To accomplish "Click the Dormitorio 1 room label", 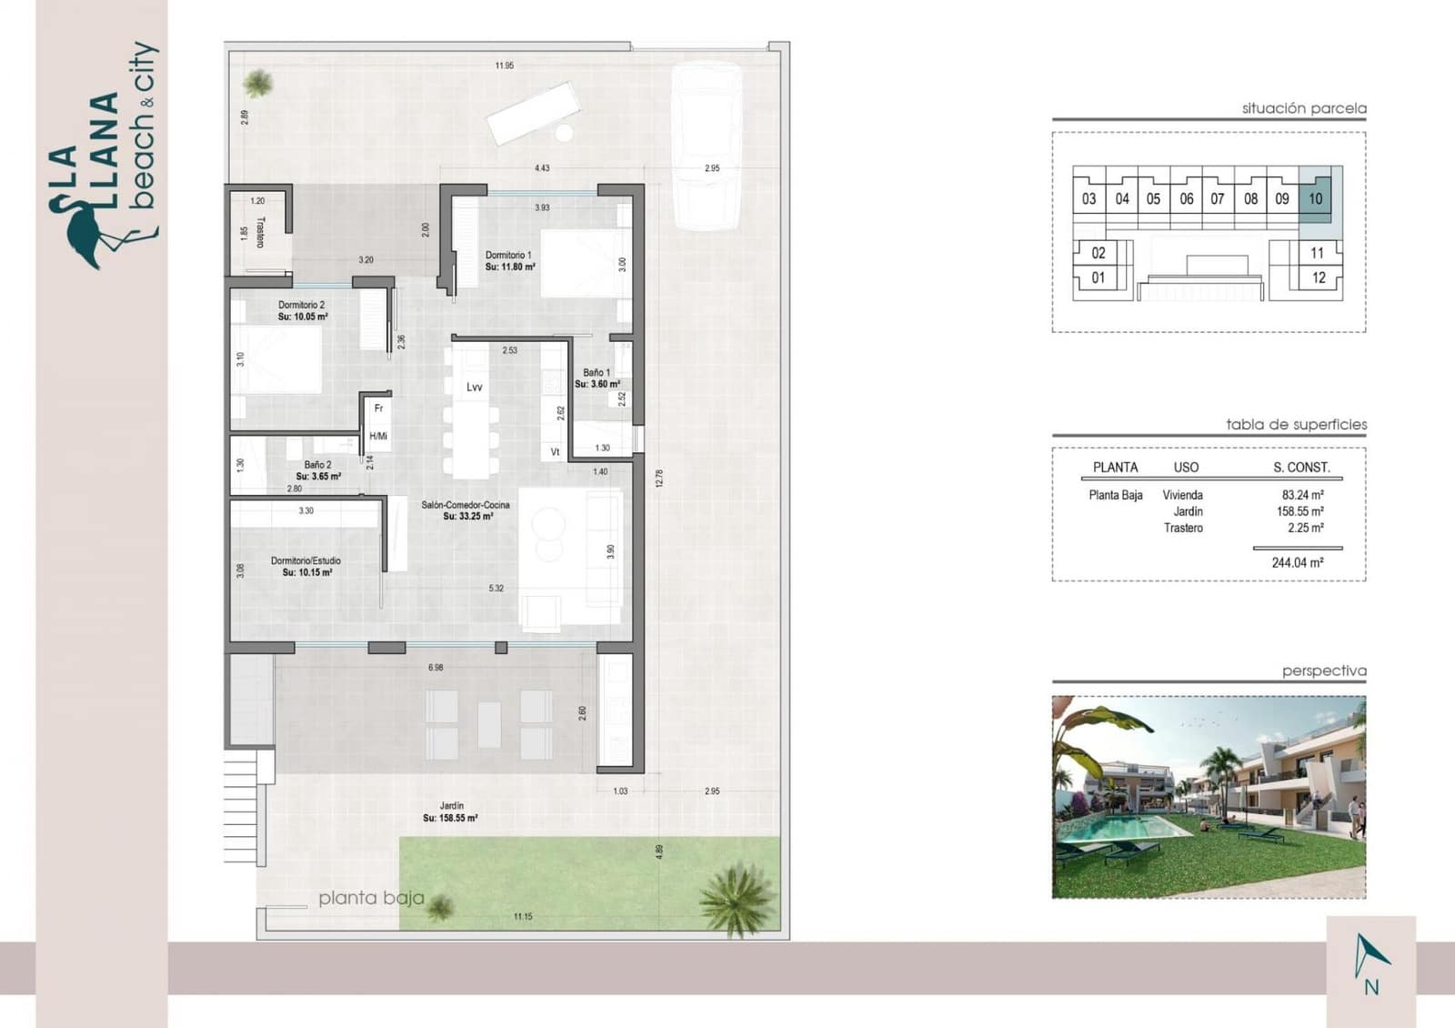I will [x=508, y=256].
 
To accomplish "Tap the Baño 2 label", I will [x=317, y=465].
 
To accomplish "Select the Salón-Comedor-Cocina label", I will [x=466, y=505].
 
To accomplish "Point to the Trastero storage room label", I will [x=260, y=232].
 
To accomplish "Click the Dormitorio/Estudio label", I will [x=306, y=561].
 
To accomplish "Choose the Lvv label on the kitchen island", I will [x=474, y=388].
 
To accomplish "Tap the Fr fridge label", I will [x=379, y=408].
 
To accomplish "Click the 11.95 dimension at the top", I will [x=505, y=66].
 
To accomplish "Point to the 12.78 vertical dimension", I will [x=659, y=479].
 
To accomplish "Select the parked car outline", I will [x=706, y=146].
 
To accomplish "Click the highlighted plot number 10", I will [x=1315, y=199].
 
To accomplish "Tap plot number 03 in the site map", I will [x=1089, y=199].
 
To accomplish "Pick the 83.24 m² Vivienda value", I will [x=1302, y=496].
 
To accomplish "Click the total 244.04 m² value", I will [x=1297, y=563].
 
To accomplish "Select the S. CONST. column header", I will [x=1301, y=468].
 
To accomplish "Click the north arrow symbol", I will [x=1370, y=955].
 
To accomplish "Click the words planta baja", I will [x=371, y=899].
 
